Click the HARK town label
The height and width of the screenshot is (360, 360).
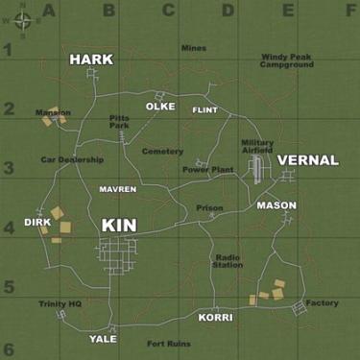(91, 60)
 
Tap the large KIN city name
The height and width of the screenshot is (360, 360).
(119, 225)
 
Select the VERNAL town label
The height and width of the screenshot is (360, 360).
(309, 160)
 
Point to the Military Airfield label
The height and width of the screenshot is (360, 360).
(257, 145)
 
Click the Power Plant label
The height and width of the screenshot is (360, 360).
(208, 170)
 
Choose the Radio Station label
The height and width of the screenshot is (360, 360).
(228, 261)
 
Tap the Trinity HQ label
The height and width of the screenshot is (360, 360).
(60, 303)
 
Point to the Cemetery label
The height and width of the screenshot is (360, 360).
(162, 151)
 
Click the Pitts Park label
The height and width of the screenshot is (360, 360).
(119, 122)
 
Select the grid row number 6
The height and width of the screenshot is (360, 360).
(8, 349)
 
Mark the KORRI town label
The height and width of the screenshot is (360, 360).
(215, 317)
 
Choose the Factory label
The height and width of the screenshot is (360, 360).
(323, 303)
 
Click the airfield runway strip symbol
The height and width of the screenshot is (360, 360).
(257, 170)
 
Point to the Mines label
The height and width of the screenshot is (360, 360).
(193, 48)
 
